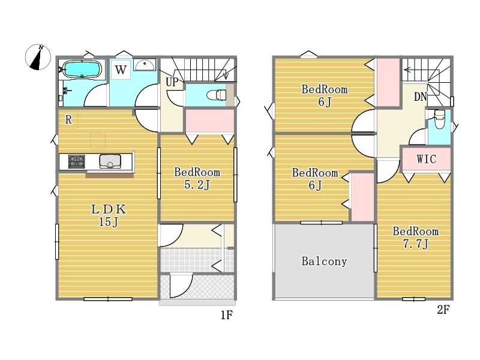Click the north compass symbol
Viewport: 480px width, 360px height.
point(38,57)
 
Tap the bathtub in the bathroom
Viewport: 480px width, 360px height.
point(82,69)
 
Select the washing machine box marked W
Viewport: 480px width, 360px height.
point(121,70)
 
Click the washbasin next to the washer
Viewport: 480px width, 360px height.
point(145,65)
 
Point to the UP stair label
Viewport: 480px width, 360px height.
point(172,82)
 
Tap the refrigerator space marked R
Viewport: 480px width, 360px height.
point(68,119)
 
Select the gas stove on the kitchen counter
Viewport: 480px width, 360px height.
point(77,161)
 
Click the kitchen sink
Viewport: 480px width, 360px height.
point(110,161)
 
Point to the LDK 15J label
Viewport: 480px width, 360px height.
point(109,215)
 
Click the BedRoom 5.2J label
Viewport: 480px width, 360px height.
point(197,178)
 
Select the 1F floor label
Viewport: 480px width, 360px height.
point(227,314)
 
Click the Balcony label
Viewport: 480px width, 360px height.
point(324,261)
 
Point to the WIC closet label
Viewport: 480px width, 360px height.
point(426,159)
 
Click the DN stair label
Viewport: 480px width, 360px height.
point(421,97)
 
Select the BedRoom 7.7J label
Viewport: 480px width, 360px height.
point(416,238)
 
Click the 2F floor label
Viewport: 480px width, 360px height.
point(443,310)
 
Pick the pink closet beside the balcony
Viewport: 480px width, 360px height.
point(362,197)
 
